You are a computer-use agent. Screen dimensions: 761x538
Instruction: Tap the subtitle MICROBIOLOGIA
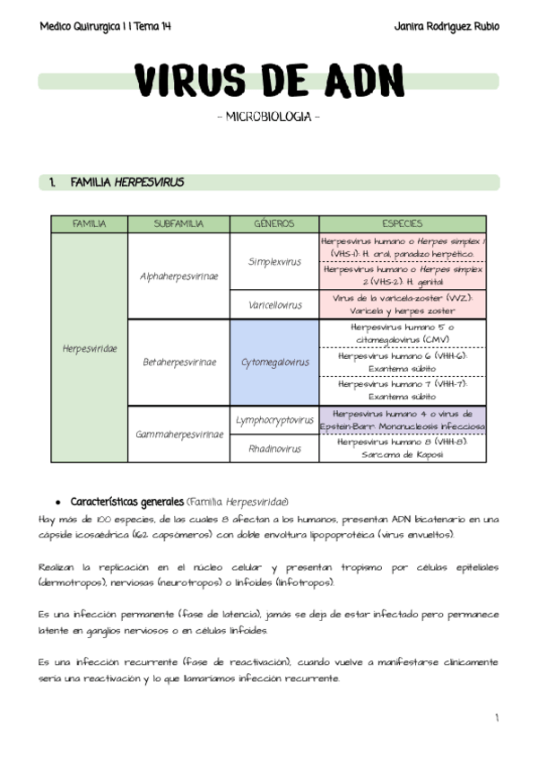click(x=268, y=118)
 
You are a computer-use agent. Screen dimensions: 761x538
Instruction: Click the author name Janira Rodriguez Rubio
click(x=446, y=26)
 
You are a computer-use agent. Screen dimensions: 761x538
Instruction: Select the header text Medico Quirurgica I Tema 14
click(x=106, y=26)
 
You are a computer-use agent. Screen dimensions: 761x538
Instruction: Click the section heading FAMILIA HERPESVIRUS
click(x=126, y=182)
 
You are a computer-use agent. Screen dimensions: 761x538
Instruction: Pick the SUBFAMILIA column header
click(x=178, y=224)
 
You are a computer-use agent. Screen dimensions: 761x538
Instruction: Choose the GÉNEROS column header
click(x=274, y=224)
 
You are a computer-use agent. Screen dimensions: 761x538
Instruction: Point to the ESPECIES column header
click(x=403, y=224)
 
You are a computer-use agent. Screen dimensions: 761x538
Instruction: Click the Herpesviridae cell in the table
click(x=90, y=348)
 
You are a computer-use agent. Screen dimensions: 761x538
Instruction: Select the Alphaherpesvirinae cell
click(x=178, y=276)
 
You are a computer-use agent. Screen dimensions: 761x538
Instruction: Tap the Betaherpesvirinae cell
click(x=178, y=363)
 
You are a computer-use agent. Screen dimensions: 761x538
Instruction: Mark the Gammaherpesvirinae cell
click(x=178, y=434)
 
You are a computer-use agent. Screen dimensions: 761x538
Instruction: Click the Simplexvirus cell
click(x=274, y=261)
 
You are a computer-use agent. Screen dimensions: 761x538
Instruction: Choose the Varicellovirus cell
click(x=274, y=305)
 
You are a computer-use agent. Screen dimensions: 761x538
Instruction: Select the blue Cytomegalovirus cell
click(x=274, y=363)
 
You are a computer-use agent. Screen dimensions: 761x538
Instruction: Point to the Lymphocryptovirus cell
click(x=274, y=420)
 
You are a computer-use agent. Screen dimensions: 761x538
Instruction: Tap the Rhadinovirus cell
click(x=274, y=449)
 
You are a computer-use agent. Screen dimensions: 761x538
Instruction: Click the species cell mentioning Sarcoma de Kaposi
click(x=403, y=449)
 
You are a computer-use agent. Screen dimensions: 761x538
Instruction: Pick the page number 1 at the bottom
click(x=496, y=718)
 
